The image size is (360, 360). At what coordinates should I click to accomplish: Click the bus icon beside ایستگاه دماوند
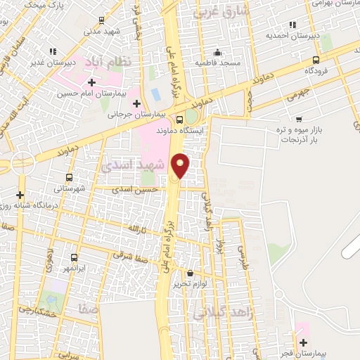[180, 119]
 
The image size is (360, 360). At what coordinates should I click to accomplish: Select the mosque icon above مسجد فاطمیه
[217, 51]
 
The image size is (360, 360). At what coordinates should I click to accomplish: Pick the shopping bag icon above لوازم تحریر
[190, 273]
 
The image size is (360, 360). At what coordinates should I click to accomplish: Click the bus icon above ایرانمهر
[75, 257]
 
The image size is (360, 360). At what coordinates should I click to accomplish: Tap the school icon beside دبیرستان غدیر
[53, 51]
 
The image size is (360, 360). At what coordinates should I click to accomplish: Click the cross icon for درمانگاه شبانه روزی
[20, 195]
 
